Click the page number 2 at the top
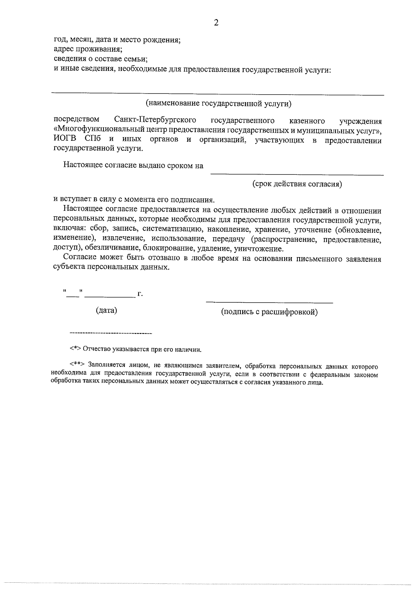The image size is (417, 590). [x=216, y=23]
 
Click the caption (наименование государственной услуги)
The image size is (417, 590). [x=218, y=103]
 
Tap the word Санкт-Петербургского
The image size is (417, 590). [x=155, y=120]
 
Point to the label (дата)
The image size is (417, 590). [x=106, y=310]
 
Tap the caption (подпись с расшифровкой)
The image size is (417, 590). [x=269, y=312]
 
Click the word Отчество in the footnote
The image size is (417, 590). [x=96, y=350]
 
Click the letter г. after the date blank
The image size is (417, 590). [x=140, y=294]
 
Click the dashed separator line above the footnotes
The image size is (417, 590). [x=111, y=334]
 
